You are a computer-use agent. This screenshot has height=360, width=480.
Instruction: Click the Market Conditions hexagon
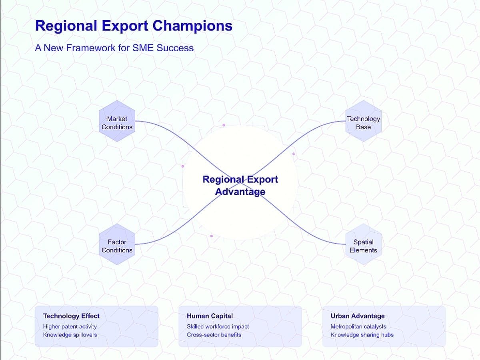point(117,121)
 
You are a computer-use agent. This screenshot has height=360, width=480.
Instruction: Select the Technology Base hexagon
point(364,121)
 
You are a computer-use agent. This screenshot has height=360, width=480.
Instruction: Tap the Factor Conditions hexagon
point(117,244)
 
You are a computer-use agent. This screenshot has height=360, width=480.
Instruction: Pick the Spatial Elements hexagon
point(364,244)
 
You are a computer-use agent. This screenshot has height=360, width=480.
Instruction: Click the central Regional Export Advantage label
point(240,185)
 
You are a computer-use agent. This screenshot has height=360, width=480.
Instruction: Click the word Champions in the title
point(192,26)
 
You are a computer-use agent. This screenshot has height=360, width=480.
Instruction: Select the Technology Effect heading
point(71,316)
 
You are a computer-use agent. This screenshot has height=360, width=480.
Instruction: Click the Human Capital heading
point(210,316)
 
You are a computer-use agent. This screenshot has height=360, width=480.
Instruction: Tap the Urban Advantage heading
point(358,316)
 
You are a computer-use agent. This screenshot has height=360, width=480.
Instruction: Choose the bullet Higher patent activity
point(70,326)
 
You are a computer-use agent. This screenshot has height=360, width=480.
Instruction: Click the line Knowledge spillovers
point(70,335)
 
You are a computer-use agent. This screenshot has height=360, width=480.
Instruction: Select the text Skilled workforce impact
point(218,326)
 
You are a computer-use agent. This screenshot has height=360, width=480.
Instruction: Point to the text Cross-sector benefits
point(214,335)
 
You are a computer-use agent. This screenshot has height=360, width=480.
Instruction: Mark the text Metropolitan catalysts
point(358,326)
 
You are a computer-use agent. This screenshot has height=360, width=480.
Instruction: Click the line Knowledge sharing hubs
point(362,335)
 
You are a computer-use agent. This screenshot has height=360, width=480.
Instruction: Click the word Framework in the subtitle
point(91,48)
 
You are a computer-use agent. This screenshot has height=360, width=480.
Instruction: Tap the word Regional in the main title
point(66,26)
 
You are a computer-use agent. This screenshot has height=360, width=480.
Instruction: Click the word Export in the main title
point(125,26)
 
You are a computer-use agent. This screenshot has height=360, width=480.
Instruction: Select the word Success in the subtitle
point(175,48)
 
